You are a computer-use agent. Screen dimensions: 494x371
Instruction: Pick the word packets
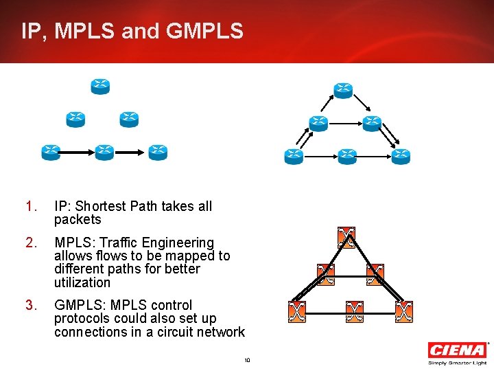click(x=78, y=220)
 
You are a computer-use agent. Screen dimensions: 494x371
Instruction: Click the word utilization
click(x=82, y=282)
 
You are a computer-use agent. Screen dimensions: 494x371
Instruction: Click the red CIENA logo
click(x=456, y=350)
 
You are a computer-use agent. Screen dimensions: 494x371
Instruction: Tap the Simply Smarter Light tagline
click(x=456, y=362)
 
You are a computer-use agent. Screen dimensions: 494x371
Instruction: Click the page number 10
click(x=247, y=360)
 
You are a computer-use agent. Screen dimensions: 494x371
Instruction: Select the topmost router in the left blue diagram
click(x=101, y=87)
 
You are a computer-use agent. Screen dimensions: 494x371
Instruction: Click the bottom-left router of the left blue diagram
click(x=50, y=152)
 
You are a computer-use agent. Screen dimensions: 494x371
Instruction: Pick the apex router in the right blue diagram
click(x=343, y=90)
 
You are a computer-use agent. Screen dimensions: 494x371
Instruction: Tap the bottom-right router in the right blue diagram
click(x=401, y=157)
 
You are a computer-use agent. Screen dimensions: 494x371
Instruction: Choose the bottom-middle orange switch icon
click(x=354, y=311)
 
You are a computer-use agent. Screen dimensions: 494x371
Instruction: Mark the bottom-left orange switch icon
click(x=296, y=311)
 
